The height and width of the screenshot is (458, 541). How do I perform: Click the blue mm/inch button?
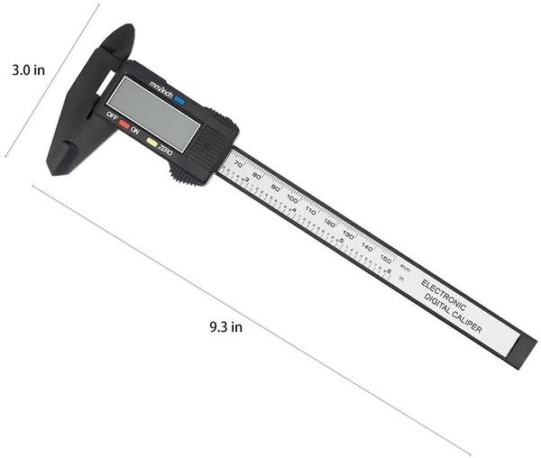180,103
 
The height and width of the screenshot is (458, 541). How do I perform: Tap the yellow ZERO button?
152,142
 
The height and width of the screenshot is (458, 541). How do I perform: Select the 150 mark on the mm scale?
385,258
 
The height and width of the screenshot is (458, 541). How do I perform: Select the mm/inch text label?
161,92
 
